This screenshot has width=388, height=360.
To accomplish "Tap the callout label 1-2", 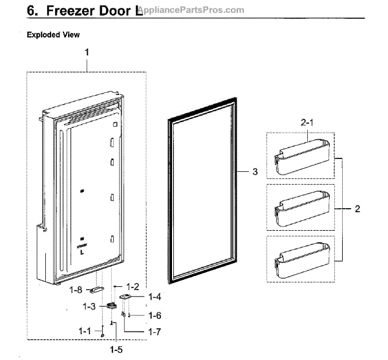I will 133,285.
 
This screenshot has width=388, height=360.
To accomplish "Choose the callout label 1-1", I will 85,332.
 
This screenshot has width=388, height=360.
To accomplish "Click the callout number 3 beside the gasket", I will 255,172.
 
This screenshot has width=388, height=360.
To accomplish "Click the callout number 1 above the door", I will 87,51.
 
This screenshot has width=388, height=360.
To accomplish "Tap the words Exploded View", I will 54,35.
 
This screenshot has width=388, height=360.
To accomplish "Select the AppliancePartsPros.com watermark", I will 194,11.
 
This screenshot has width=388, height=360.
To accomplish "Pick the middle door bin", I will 301,209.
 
